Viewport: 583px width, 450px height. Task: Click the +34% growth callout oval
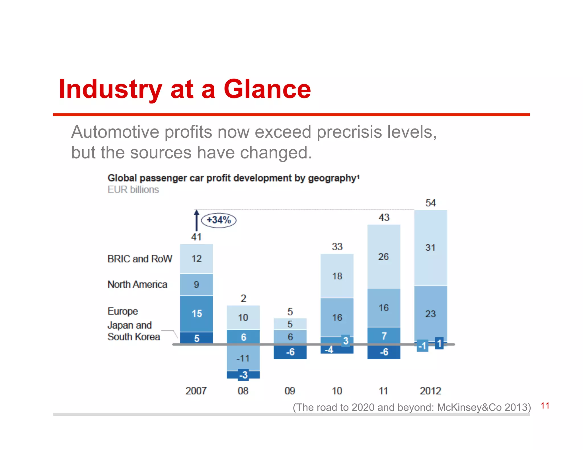(x=219, y=220)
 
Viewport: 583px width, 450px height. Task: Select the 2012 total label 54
(x=430, y=203)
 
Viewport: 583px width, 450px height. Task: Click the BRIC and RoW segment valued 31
(x=430, y=247)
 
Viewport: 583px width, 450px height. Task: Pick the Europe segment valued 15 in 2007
(x=196, y=313)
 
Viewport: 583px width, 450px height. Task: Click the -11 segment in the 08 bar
(x=243, y=358)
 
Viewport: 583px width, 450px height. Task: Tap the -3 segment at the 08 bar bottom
(x=243, y=375)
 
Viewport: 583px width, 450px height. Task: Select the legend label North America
(x=137, y=284)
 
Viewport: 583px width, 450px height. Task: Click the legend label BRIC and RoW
(x=140, y=259)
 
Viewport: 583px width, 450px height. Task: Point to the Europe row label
(x=123, y=311)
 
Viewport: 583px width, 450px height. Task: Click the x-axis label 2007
(x=196, y=391)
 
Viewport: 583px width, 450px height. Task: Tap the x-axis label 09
(x=290, y=391)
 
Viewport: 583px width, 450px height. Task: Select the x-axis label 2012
(x=430, y=391)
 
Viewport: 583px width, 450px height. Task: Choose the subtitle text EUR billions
(x=133, y=190)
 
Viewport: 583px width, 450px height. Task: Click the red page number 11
(x=545, y=406)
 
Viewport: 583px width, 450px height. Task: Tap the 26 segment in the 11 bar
(x=383, y=257)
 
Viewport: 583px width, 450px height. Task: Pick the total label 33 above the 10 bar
(x=337, y=247)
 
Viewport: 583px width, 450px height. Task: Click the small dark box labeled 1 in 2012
(x=439, y=343)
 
